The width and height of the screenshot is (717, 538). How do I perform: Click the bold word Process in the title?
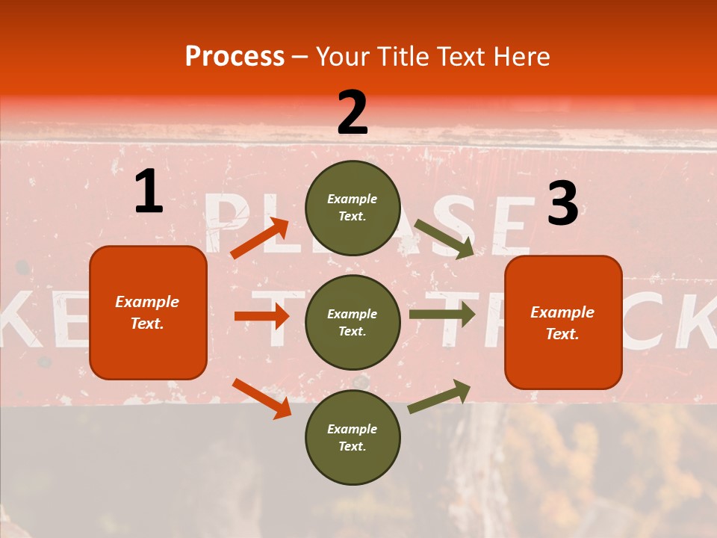tap(235, 57)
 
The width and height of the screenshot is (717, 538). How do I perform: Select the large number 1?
tap(149, 192)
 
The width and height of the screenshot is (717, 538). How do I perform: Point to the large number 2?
tap(353, 113)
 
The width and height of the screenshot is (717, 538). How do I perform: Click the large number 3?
tap(562, 205)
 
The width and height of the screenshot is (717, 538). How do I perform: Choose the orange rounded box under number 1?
tap(148, 312)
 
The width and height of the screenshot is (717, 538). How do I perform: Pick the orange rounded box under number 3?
tap(563, 322)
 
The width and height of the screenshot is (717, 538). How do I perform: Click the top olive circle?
tap(353, 208)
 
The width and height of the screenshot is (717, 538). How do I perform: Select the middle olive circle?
tap(353, 322)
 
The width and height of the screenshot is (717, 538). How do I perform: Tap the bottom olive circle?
tap(353, 437)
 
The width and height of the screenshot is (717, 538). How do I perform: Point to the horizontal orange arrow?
tap(261, 316)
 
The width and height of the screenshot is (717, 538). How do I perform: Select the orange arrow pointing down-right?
tap(261, 398)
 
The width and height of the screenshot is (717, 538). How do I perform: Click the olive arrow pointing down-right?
tap(444, 239)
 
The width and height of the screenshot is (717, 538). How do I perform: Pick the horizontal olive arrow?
tap(441, 315)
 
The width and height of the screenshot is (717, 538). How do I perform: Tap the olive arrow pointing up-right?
tap(439, 396)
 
